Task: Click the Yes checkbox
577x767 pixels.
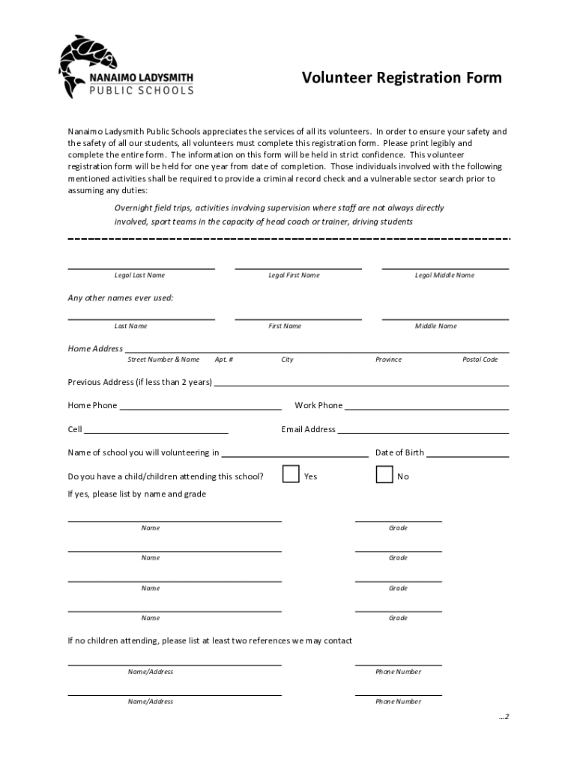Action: click(291, 475)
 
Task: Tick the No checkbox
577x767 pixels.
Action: click(384, 475)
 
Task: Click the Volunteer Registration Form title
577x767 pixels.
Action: click(402, 78)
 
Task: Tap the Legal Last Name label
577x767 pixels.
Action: click(139, 275)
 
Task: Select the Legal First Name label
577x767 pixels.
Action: click(294, 275)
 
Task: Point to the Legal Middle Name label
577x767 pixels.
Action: click(444, 275)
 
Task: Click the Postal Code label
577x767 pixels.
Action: click(480, 360)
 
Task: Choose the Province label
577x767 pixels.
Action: click(388, 360)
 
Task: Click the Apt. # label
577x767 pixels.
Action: click(223, 360)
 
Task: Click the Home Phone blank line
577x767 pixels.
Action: click(200, 408)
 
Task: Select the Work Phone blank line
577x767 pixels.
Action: click(426, 408)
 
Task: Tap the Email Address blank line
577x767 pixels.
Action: click(423, 432)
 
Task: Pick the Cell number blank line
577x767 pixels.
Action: click(156, 432)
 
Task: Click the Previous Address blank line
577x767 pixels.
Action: click(361, 384)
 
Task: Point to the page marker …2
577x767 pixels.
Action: click(504, 717)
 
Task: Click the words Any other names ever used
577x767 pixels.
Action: click(121, 298)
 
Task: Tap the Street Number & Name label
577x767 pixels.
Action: click(163, 360)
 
